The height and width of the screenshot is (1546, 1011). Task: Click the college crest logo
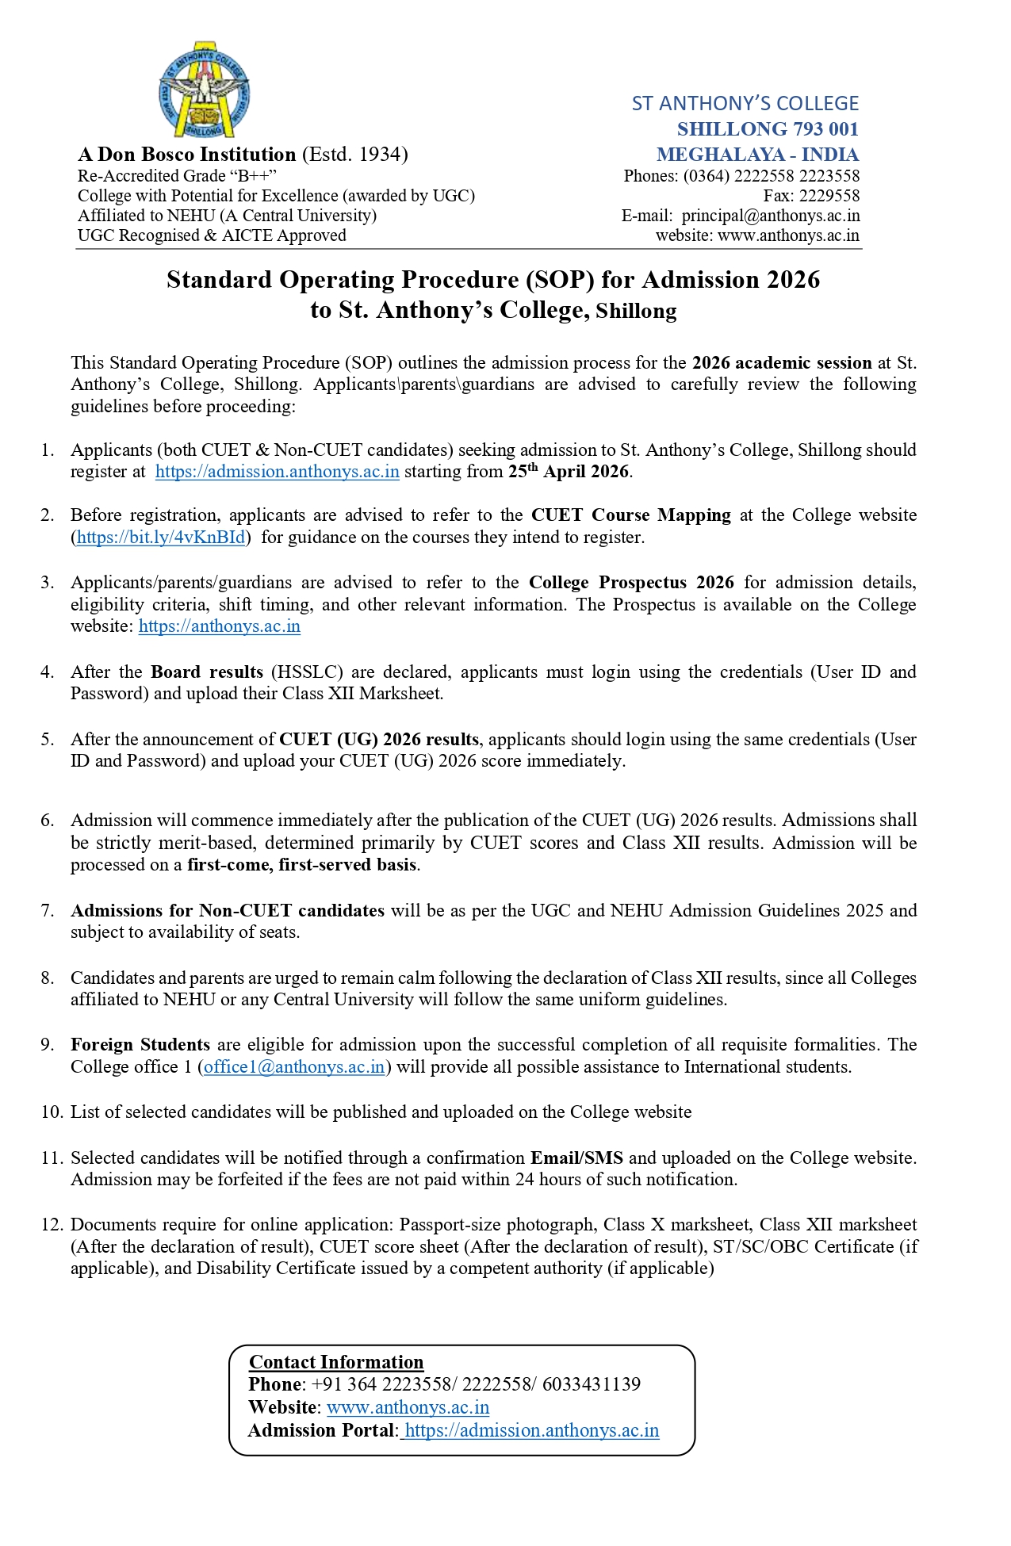[x=205, y=89]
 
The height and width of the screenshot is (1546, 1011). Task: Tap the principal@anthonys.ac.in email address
[x=770, y=216]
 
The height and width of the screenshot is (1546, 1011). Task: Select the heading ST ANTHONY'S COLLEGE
[x=745, y=104]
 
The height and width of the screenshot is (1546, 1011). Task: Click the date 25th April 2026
[x=569, y=472]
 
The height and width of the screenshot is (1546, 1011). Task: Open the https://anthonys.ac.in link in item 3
[x=220, y=626]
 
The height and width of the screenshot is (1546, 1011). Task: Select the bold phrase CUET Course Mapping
[x=630, y=515]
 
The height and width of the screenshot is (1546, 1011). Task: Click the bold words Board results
[x=207, y=672]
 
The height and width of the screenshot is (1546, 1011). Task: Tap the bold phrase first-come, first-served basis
[x=301, y=865]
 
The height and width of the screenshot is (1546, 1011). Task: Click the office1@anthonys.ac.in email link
[x=294, y=1067]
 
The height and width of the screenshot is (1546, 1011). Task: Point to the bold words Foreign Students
[x=140, y=1045]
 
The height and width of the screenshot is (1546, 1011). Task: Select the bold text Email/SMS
[x=576, y=1158]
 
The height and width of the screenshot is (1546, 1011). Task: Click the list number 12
[x=52, y=1225]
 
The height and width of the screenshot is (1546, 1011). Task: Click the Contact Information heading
[x=336, y=1362]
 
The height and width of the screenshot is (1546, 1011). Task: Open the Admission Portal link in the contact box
[x=531, y=1430]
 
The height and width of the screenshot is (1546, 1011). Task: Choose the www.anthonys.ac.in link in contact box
[x=408, y=1407]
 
